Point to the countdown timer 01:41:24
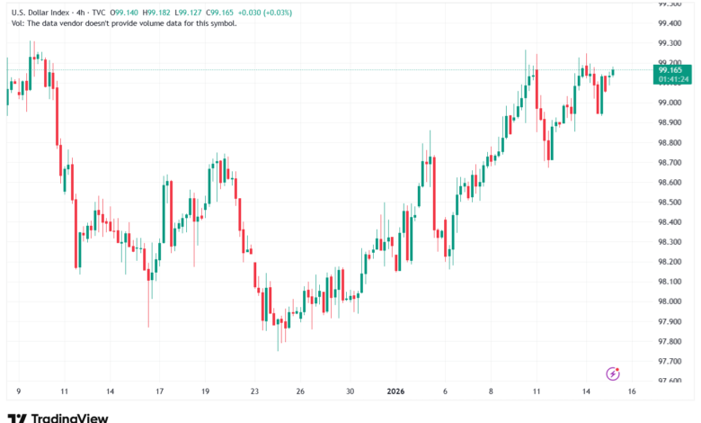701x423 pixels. (673, 79)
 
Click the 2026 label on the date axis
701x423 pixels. (396, 392)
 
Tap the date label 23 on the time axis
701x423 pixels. (254, 392)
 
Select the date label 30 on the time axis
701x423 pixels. (350, 392)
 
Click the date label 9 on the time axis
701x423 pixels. (18, 392)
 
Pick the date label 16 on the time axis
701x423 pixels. (632, 392)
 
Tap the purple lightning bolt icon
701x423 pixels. (614, 373)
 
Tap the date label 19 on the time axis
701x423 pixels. (206, 392)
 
